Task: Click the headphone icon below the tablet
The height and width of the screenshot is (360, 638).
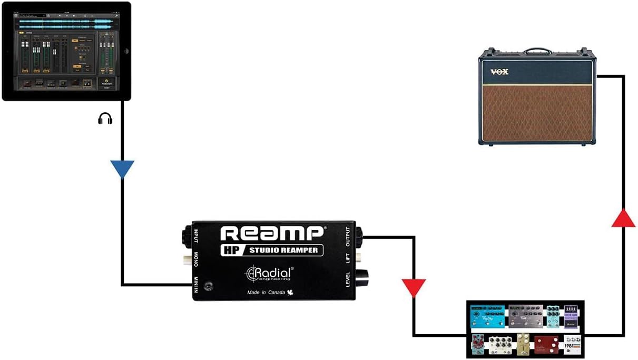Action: (105, 119)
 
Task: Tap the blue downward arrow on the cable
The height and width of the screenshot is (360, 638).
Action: (122, 169)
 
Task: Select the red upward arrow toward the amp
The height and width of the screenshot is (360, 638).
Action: (623, 218)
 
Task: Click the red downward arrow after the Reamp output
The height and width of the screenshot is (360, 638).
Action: (414, 288)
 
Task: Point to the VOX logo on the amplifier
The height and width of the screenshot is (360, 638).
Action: (499, 72)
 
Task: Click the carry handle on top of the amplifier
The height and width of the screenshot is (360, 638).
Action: (537, 51)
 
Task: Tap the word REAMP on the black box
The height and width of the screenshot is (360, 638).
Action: (272, 233)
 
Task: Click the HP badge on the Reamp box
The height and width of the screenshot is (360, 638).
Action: (230, 250)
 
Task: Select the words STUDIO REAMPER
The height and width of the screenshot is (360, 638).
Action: (283, 250)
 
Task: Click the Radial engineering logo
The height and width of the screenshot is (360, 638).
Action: (270, 273)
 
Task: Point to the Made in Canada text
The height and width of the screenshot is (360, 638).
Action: (266, 293)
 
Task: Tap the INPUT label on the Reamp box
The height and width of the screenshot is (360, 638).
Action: (197, 236)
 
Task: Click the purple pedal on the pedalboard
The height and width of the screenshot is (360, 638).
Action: (571, 317)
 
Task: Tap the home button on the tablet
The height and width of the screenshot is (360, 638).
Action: (125, 50)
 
